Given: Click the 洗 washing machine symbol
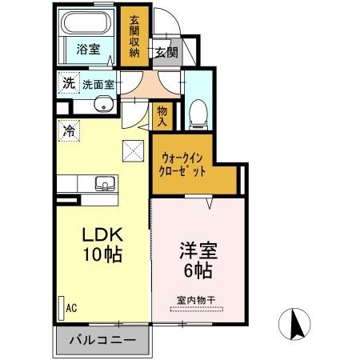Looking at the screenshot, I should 69,82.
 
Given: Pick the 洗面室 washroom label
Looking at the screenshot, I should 97,82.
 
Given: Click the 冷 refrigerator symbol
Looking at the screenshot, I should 70,130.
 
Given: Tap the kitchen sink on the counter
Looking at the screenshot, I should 103,182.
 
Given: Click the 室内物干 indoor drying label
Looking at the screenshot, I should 196,300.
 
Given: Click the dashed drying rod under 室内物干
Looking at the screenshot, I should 197,310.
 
